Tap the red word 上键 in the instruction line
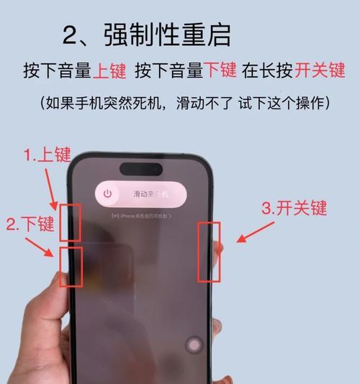click(110, 70)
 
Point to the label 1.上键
click(47, 155)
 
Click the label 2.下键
click(30, 224)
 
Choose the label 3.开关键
click(294, 209)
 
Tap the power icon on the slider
click(108, 193)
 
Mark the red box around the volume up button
click(70, 221)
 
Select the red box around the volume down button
click(71, 266)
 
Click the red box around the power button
click(210, 250)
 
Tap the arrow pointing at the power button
click(252, 233)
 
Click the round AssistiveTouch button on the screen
click(194, 345)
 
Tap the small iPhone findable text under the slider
click(140, 216)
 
